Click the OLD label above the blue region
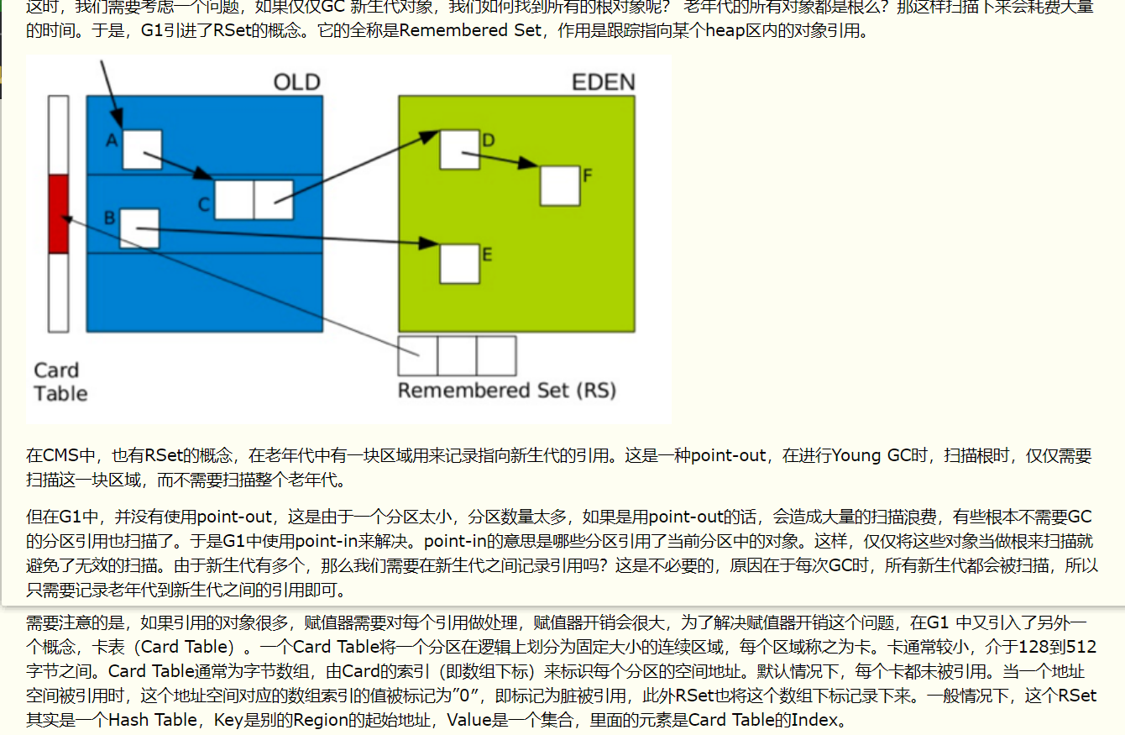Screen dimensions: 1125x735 (296, 82)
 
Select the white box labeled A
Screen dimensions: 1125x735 (142, 150)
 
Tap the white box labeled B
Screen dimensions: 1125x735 (139, 228)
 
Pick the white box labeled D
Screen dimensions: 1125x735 (459, 149)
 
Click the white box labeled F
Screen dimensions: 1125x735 (560, 186)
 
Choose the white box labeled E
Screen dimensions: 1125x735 (459, 263)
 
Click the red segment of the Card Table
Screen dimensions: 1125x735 (58, 214)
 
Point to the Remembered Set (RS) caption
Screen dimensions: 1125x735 (506, 391)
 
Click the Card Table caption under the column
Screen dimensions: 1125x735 (60, 382)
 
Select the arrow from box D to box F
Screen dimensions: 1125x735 (509, 160)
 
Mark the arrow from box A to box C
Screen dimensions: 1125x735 (179, 165)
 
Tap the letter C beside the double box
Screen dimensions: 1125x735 (204, 204)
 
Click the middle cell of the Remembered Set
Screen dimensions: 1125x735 (457, 356)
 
